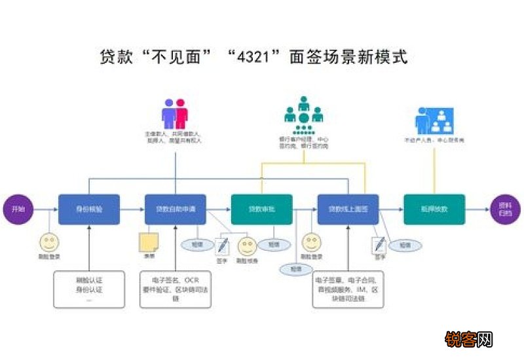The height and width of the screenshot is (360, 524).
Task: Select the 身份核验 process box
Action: pos(89,209)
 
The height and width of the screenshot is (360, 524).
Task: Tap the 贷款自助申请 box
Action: pos(176,209)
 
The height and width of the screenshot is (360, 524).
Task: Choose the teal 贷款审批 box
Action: pos(261,209)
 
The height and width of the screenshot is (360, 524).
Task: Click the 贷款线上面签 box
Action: pos(348,209)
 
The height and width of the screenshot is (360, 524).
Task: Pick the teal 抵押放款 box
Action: pos(434,209)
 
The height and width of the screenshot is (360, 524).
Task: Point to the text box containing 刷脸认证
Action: pos(89,289)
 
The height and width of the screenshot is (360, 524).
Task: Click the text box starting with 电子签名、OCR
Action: pos(176,289)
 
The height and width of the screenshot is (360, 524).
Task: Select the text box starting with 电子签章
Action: pos(348,289)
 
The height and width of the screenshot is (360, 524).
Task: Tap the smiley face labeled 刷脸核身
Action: pos(246,247)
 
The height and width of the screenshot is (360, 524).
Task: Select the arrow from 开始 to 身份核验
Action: pos(46,209)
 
